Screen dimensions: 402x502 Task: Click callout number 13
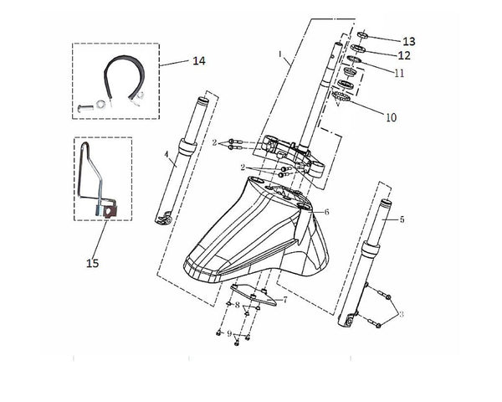pyautogui.click(x=408, y=41)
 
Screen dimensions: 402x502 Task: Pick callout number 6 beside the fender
pyautogui.click(x=326, y=212)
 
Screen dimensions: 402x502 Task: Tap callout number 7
pyautogui.click(x=284, y=299)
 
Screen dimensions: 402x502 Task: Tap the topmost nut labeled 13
pyautogui.click(x=366, y=35)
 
